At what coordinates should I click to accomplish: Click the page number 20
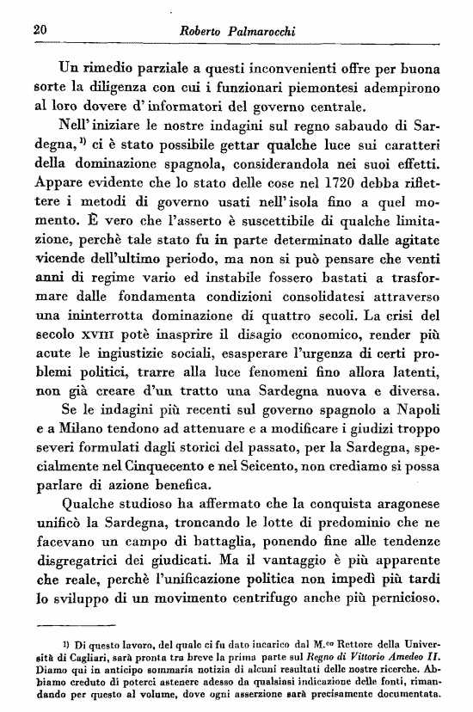[37, 30]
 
